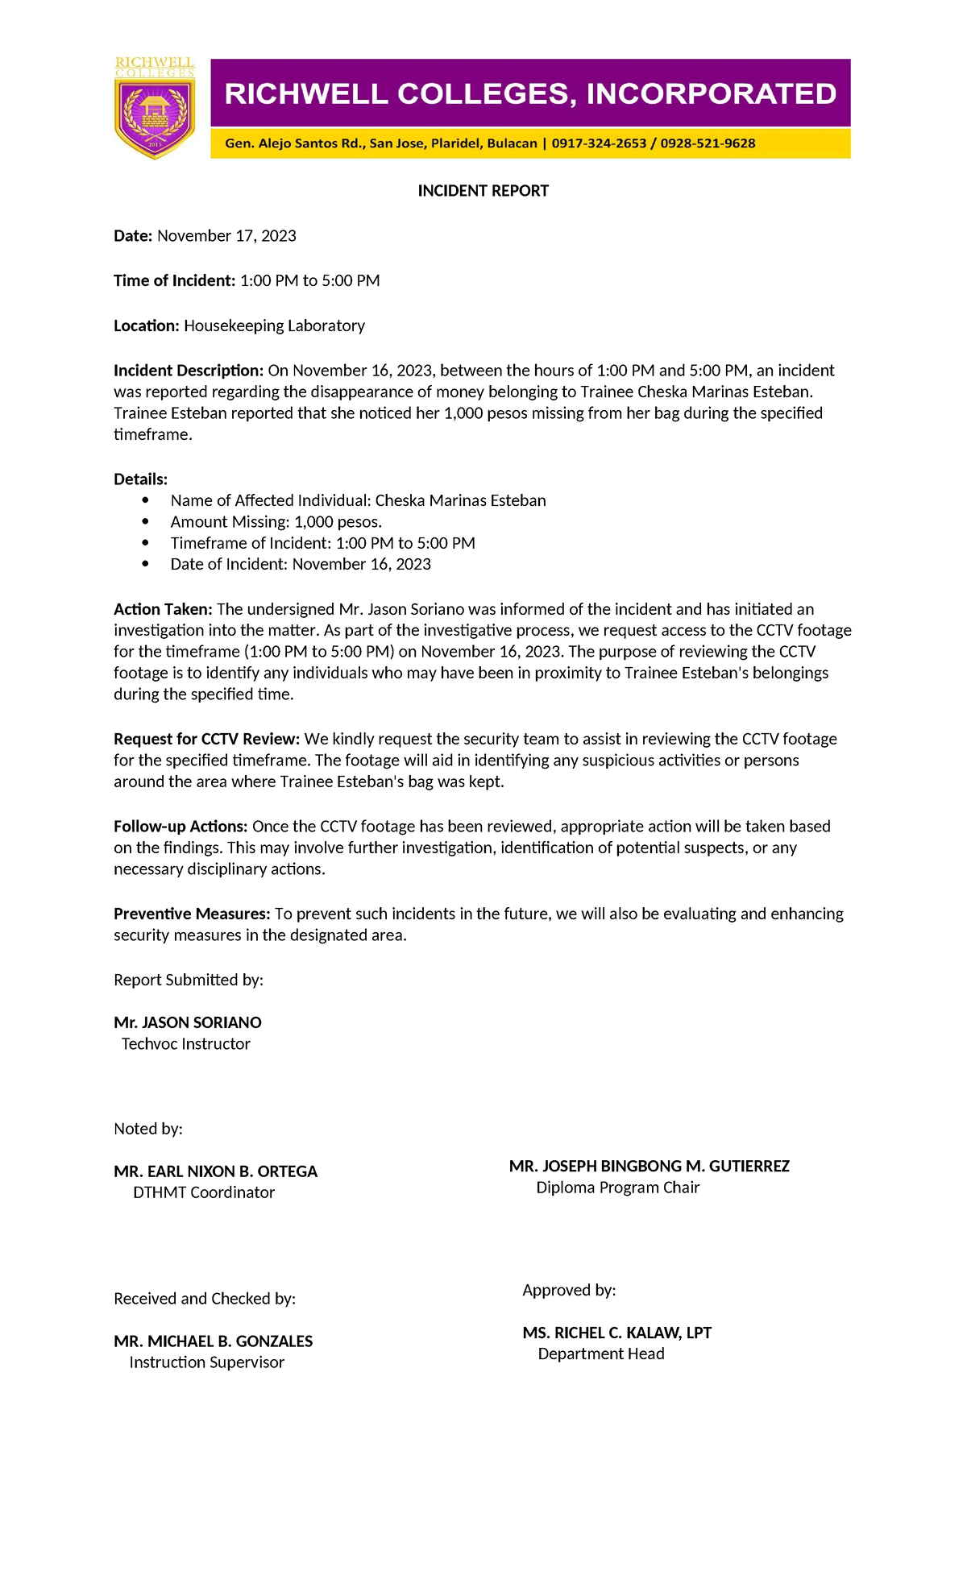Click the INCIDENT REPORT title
(483, 191)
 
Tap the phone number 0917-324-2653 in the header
(599, 143)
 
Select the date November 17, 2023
(226, 236)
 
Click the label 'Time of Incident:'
(174, 281)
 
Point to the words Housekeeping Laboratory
(274, 326)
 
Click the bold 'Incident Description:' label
(189, 371)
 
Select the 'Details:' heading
(140, 479)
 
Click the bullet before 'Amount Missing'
(145, 522)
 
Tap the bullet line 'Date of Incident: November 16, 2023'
(301, 565)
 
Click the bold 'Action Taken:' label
(163, 609)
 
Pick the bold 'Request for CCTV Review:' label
(207, 739)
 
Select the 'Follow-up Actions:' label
(181, 827)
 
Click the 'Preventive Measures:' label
(192, 914)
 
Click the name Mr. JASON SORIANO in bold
(188, 1022)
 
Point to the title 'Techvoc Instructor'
(185, 1044)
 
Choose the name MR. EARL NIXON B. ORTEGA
(215, 1171)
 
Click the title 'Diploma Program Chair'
(617, 1188)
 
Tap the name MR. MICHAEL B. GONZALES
(213, 1341)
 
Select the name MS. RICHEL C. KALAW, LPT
(616, 1333)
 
